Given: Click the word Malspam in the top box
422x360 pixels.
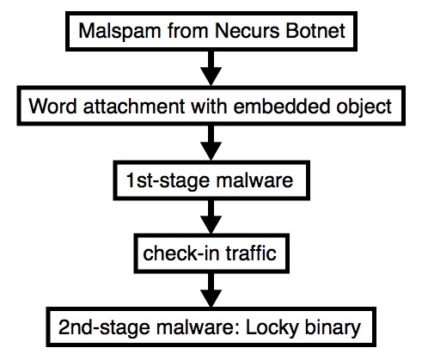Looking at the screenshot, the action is click(119, 32).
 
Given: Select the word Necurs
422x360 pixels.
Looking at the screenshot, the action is click(247, 31).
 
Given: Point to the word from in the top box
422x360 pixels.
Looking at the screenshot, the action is click(187, 31).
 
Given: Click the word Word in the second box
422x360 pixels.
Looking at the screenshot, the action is click(52, 107).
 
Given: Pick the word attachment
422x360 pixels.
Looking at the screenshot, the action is click(134, 107).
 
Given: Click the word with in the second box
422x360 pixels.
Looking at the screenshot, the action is click(210, 106).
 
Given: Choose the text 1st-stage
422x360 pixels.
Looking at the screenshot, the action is click(168, 181).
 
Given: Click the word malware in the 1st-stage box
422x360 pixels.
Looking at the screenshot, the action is click(254, 180).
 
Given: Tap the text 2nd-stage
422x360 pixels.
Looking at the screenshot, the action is click(104, 328).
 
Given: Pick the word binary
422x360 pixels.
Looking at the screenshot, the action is click(333, 328).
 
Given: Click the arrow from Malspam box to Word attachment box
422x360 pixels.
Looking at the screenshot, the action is click(211, 68).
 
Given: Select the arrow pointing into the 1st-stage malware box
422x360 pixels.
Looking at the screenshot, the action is click(211, 143).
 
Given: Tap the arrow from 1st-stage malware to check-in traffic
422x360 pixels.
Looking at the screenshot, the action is click(211, 217).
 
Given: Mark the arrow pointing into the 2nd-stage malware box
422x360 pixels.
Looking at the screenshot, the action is click(211, 290).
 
